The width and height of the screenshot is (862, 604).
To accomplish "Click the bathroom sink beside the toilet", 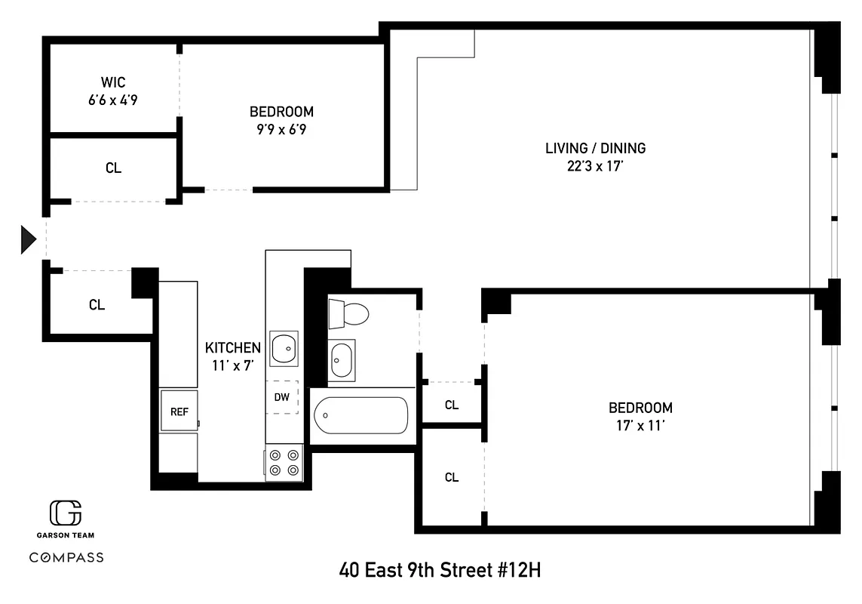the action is tap(342, 359).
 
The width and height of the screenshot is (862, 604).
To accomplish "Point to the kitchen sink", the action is tap(284, 348).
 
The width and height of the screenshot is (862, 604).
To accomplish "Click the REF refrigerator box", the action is tap(179, 411).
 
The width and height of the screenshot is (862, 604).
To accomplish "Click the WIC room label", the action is tap(113, 82).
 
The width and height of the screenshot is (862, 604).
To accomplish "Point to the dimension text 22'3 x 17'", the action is tap(595, 166).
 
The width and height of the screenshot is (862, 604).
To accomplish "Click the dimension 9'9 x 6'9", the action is tap(281, 129).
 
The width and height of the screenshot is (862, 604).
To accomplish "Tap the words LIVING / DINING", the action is tap(595, 148).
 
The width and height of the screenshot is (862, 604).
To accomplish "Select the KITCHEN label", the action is tap(233, 348).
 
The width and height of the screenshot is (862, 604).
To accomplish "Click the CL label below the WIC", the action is tap(113, 168).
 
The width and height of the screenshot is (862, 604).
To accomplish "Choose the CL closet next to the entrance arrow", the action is tap(97, 305).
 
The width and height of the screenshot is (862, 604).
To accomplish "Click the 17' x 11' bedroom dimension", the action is tap(640, 425).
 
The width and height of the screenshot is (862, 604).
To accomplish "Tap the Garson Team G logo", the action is tap(66, 513).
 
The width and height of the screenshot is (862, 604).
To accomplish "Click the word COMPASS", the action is tap(66, 558).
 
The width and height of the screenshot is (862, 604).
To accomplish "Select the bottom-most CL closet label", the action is tap(451, 477).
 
